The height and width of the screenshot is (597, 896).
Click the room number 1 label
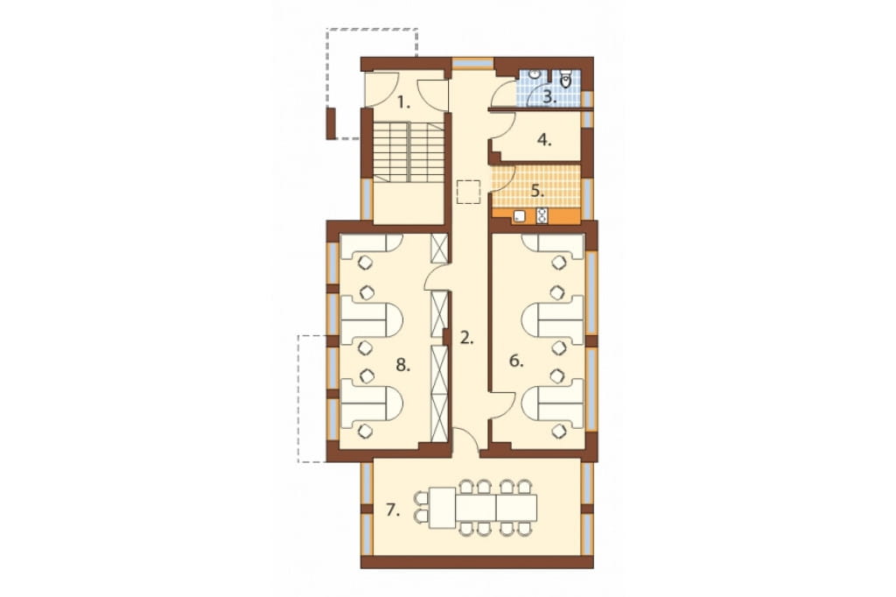click(x=404, y=103)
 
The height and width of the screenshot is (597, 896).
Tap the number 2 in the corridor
click(x=467, y=338)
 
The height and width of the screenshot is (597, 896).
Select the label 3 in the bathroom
click(x=549, y=96)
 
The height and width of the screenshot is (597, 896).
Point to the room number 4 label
click(x=544, y=140)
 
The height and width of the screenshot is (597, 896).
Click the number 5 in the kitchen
click(x=537, y=191)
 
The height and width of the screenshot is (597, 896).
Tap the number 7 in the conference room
click(x=393, y=509)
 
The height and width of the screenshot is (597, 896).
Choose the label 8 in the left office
click(x=403, y=364)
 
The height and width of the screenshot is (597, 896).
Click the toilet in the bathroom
click(x=566, y=80)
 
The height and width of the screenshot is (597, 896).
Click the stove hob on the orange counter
click(x=542, y=215)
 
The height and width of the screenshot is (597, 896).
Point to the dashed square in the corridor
click(x=469, y=192)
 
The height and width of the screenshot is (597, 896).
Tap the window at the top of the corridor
click(x=472, y=62)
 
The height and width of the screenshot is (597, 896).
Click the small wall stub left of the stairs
click(x=330, y=123)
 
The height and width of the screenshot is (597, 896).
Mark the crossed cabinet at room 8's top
click(x=439, y=249)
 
